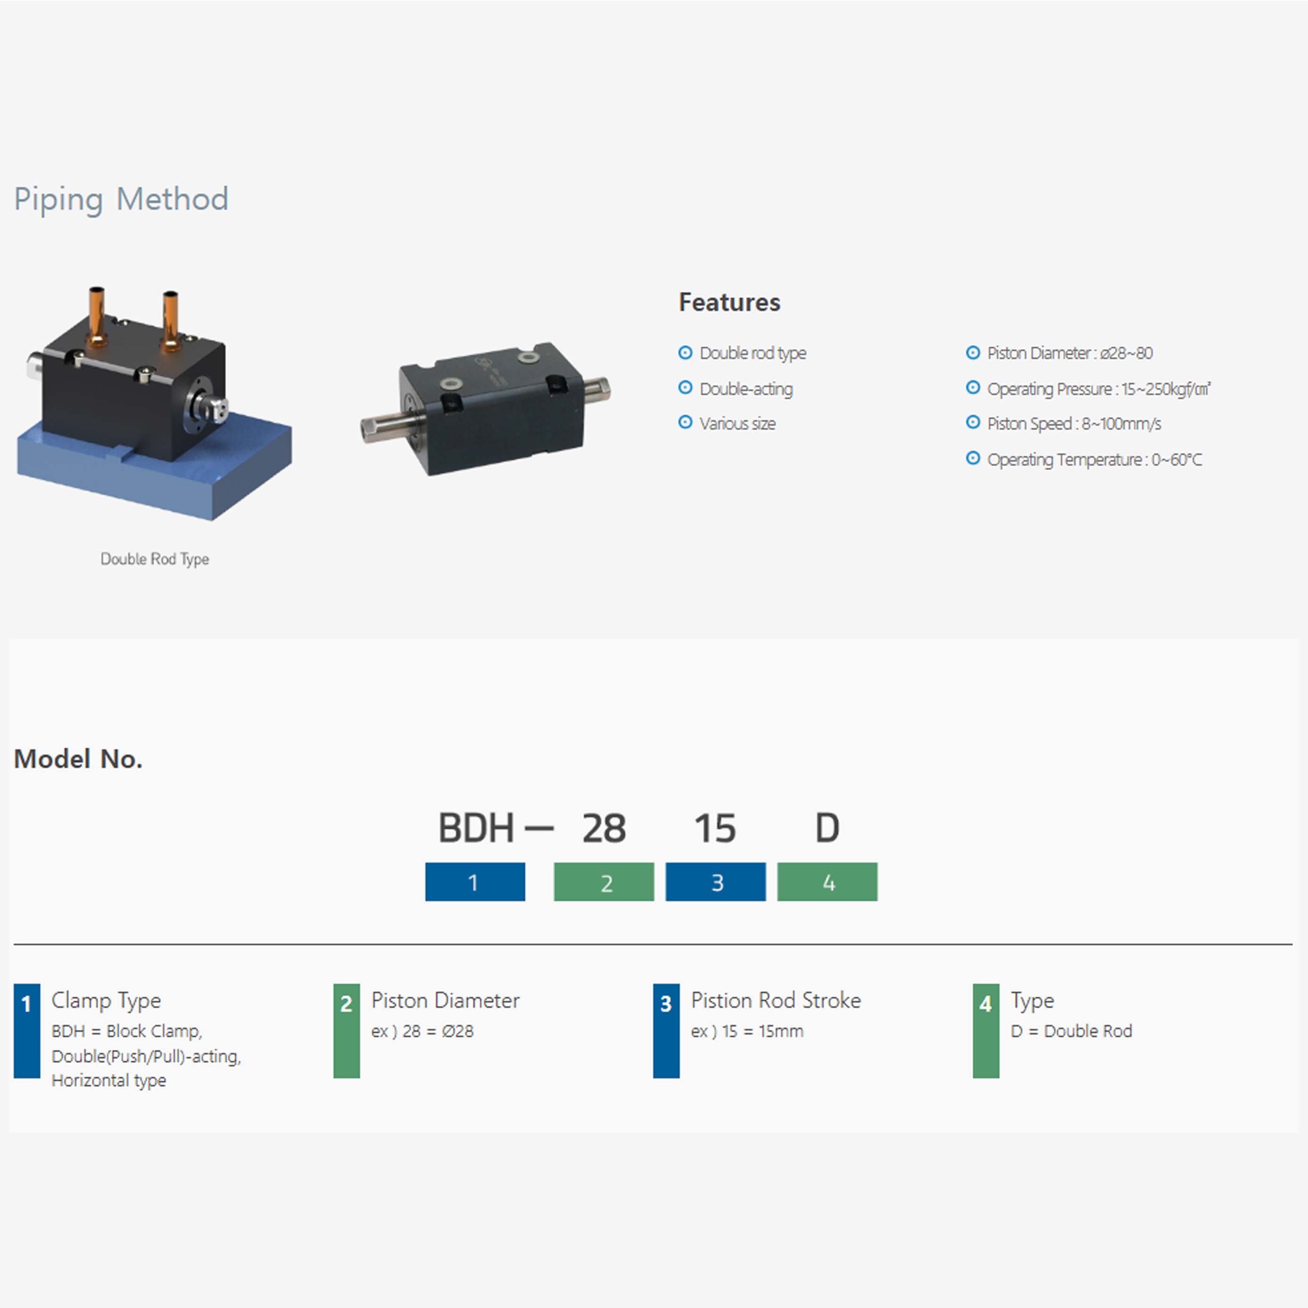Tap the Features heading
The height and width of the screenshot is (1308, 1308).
click(729, 302)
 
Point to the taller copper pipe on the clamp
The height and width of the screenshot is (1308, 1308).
click(97, 315)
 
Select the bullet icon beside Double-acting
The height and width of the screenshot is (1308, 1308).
click(685, 388)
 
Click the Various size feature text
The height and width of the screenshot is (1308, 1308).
click(737, 424)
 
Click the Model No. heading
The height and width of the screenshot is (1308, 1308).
click(78, 759)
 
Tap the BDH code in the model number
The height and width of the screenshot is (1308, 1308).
click(475, 828)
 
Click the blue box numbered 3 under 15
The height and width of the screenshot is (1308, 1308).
click(716, 882)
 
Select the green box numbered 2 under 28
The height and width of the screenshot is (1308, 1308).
click(604, 882)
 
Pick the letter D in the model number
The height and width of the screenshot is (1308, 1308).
click(826, 828)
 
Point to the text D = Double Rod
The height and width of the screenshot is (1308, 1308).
click(1071, 1031)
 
